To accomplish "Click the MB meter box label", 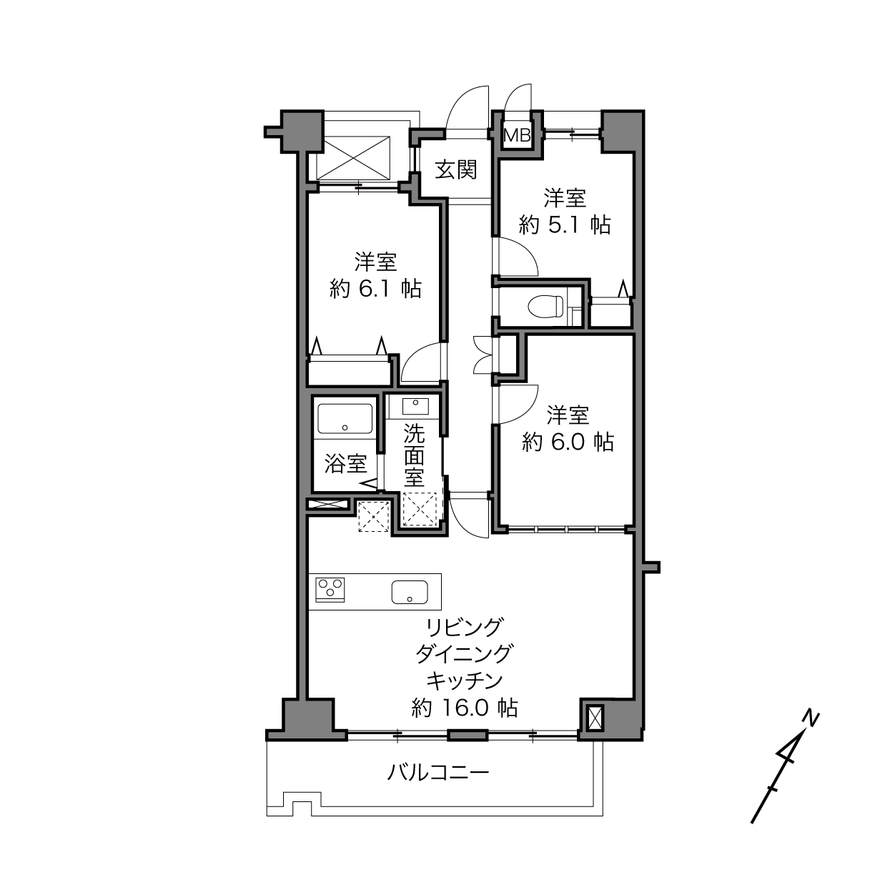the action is [x=518, y=135].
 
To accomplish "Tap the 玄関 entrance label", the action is [x=456, y=170].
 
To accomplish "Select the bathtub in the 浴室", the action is [x=345, y=418].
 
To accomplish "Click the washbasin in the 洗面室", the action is [x=415, y=407].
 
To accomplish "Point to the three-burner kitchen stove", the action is [x=330, y=589].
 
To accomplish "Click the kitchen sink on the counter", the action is [x=410, y=592].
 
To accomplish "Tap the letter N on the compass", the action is [x=811, y=718].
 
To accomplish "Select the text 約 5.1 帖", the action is [x=564, y=225].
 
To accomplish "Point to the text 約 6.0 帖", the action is [x=568, y=442].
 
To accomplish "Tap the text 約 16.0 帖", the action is [x=465, y=708].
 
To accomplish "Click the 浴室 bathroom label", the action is [x=345, y=463].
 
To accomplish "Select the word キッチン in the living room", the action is [x=465, y=681].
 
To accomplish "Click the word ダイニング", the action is [x=465, y=654].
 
